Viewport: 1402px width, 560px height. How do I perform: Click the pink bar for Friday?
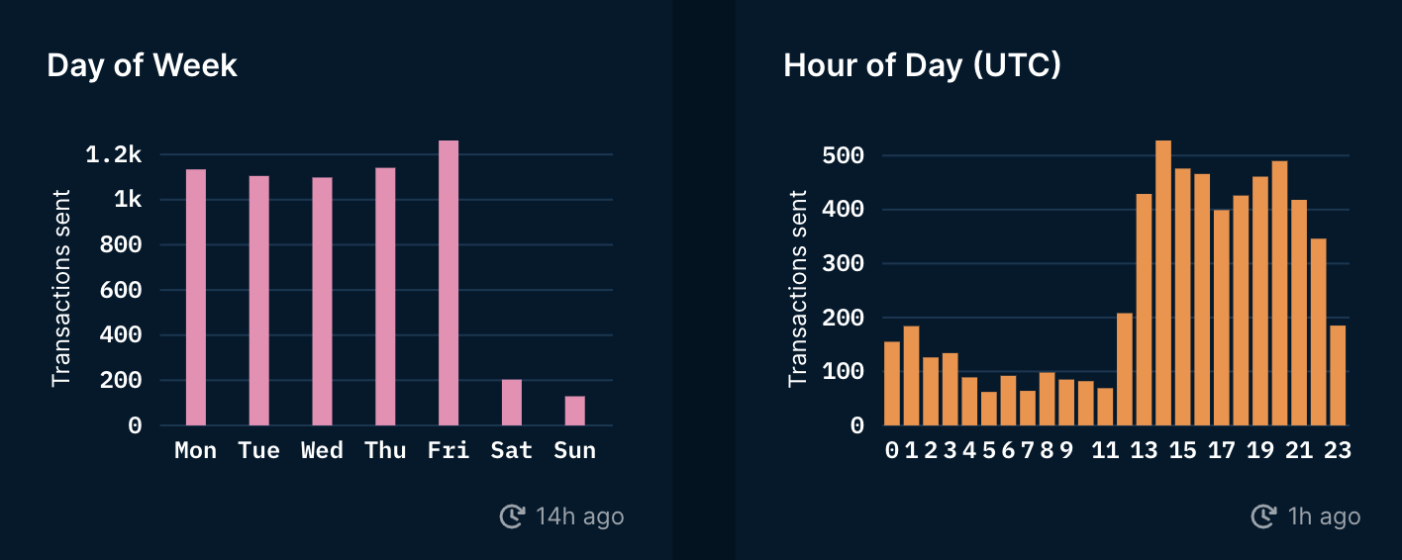tap(449, 283)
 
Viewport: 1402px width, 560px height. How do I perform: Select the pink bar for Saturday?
tap(512, 403)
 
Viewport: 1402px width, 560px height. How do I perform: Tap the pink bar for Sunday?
tap(575, 411)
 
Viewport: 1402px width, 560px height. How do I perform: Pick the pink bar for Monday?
tap(196, 297)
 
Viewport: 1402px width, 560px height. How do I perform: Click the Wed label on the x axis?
tap(322, 451)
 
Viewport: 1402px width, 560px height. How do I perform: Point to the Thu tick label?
tap(385, 451)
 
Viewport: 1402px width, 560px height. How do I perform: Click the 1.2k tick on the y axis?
tap(114, 155)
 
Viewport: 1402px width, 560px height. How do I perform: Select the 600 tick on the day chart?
tap(122, 291)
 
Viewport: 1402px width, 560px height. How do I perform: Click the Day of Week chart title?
tap(143, 65)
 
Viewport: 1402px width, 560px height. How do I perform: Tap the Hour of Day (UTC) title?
tap(922, 65)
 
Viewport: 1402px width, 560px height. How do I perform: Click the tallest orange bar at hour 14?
tap(1163, 283)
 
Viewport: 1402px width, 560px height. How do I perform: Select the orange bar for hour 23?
tap(1338, 375)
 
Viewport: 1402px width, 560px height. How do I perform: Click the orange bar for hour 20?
tap(1279, 293)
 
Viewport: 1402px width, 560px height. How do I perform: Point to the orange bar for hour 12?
tap(1125, 369)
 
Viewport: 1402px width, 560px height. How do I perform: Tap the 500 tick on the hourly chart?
tap(844, 156)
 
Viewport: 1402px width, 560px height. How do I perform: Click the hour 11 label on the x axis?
tap(1105, 451)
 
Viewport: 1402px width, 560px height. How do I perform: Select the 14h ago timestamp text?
tap(579, 516)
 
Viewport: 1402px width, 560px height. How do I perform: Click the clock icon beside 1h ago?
tap(1263, 516)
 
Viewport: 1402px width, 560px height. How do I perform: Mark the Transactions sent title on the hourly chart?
tap(798, 288)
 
